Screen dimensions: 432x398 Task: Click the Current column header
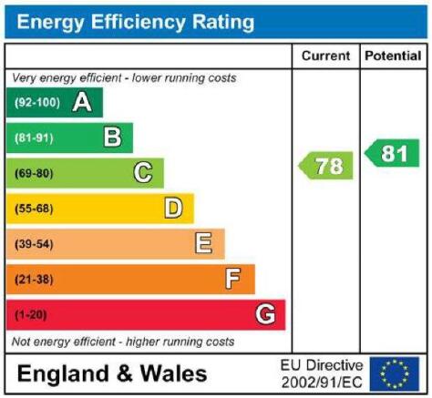pyautogui.click(x=325, y=56)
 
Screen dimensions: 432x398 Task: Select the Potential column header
pyautogui.click(x=393, y=56)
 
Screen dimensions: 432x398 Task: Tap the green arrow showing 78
pyautogui.click(x=325, y=166)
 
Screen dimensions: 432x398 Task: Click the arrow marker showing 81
pyautogui.click(x=392, y=153)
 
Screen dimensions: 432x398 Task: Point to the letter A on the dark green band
pyautogui.click(x=82, y=102)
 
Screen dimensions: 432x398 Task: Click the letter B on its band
pyautogui.click(x=112, y=138)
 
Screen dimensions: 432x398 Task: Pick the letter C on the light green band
pyautogui.click(x=143, y=173)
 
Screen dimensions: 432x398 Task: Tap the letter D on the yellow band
pyautogui.click(x=173, y=209)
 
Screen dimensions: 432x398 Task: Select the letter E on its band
pyautogui.click(x=203, y=243)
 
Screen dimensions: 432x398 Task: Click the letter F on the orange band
pyautogui.click(x=233, y=279)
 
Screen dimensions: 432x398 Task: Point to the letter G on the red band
pyautogui.click(x=265, y=314)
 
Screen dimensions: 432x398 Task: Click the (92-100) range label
pyautogui.click(x=37, y=103)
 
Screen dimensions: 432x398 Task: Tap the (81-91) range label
pyautogui.click(x=34, y=138)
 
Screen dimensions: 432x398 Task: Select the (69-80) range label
pyautogui.click(x=34, y=173)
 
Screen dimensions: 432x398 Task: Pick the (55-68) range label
pyautogui.click(x=34, y=209)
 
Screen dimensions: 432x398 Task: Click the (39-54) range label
pyautogui.click(x=34, y=244)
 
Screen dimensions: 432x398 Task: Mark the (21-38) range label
pyautogui.click(x=34, y=280)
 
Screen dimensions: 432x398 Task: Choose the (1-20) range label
pyautogui.click(x=31, y=315)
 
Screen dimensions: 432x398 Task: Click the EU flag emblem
pyautogui.click(x=395, y=374)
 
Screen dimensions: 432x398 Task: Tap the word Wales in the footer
pyautogui.click(x=173, y=373)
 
